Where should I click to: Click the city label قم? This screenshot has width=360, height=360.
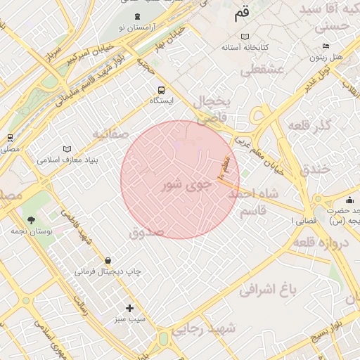[241, 13]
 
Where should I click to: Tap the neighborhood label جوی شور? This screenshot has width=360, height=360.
[186, 186]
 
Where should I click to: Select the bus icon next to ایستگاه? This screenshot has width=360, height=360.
[162, 90]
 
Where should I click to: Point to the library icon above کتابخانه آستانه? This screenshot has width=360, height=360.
[245, 37]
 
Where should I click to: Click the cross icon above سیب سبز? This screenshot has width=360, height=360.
[129, 308]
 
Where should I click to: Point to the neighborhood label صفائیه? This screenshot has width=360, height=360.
[110, 133]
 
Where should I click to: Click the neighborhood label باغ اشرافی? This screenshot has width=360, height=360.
[269, 288]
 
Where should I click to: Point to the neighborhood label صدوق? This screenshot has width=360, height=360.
[146, 232]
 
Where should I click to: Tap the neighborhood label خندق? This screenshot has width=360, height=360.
[314, 170]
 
